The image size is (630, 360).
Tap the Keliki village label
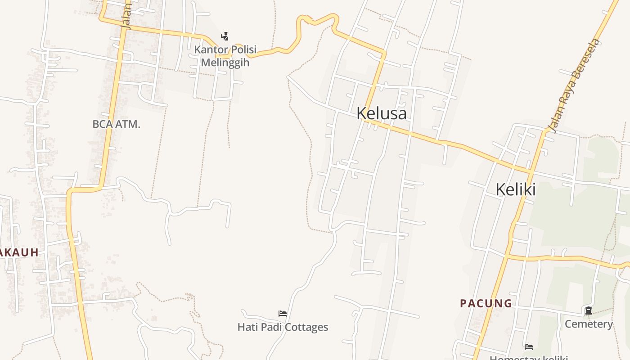click(515, 189)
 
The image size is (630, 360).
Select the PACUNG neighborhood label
click(486, 303)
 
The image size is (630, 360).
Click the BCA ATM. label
click(116, 124)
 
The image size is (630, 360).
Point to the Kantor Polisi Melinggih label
click(225, 56)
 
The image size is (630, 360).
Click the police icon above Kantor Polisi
click(225, 36)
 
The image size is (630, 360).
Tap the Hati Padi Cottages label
click(283, 327)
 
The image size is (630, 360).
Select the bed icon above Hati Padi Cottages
click(283, 313)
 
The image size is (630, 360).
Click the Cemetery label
click(589, 324)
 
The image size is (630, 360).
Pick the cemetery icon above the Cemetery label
click(588, 310)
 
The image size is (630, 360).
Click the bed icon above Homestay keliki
click(529, 346)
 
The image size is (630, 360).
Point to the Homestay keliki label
click(529, 358)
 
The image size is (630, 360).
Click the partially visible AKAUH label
click(19, 252)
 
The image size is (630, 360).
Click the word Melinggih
click(225, 62)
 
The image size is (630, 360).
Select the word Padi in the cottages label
click(270, 327)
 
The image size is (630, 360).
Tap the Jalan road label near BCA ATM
click(127, 17)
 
